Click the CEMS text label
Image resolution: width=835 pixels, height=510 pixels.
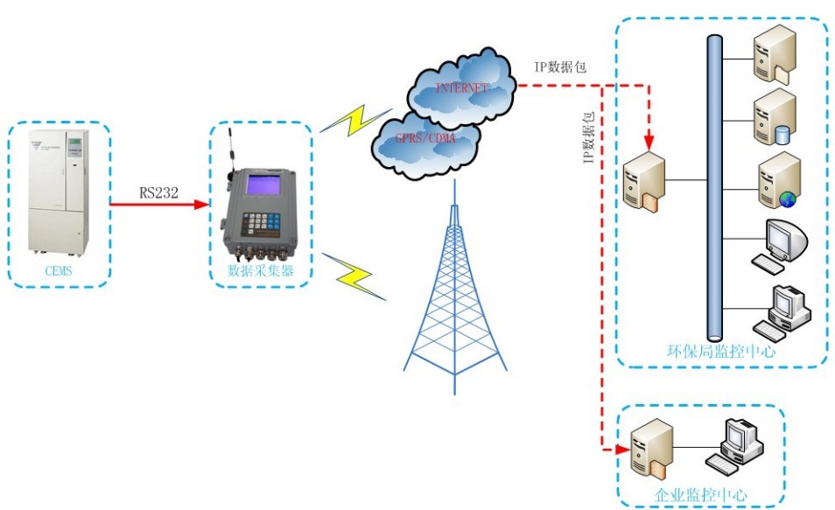pos(60,271)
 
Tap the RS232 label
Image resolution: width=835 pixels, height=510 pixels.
pos(158,193)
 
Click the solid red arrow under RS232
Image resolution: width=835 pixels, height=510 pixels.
pos(158,205)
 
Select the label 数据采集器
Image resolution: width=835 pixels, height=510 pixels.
pos(260,271)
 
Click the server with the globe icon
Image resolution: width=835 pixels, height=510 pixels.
pos(779,180)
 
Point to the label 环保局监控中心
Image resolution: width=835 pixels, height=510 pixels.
pos(722,353)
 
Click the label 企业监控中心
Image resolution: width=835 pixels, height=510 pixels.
pos(701,495)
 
